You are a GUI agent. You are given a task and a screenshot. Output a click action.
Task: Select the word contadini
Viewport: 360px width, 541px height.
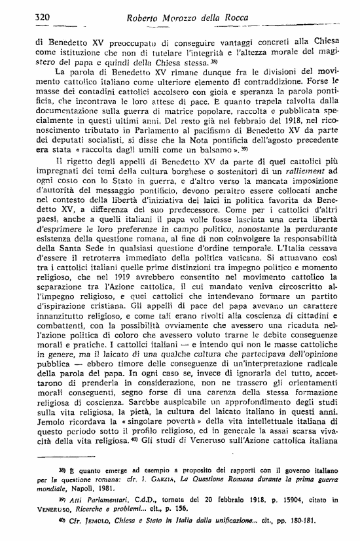(91, 89)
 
